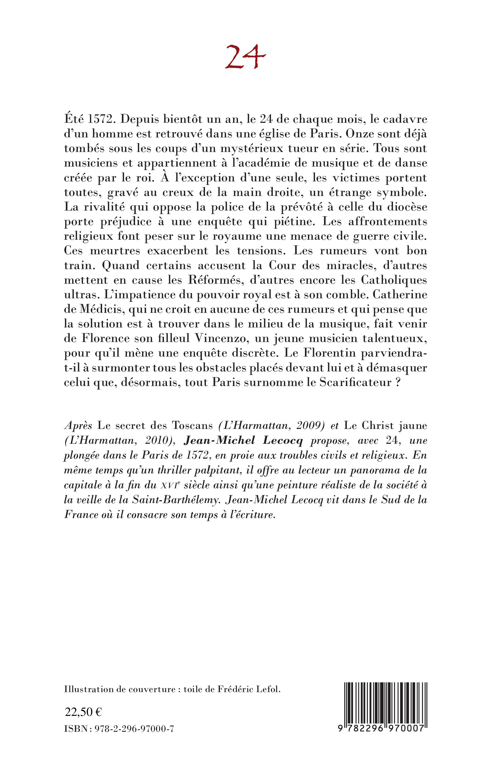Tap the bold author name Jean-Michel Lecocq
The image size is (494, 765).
click(x=243, y=441)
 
